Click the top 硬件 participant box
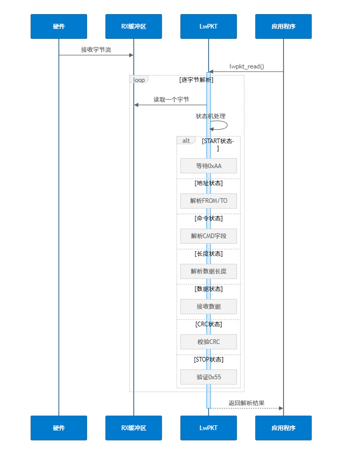[x=59, y=26]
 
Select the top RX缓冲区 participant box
[x=133, y=26]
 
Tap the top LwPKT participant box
[x=209, y=26]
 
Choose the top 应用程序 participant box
[x=283, y=26]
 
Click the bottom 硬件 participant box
[x=59, y=428]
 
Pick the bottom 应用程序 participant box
[x=283, y=428]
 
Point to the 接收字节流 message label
[x=96, y=50]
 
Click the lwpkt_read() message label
[x=246, y=66]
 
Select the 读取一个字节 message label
[x=171, y=100]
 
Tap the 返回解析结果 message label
[x=246, y=403]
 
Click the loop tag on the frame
[x=139, y=80]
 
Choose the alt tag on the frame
[x=186, y=141]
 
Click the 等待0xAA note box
[x=209, y=166]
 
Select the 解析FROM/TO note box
[x=209, y=201]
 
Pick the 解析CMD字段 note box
[x=209, y=236]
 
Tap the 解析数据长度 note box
[x=209, y=271]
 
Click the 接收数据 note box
[x=209, y=307]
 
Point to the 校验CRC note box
[x=209, y=342]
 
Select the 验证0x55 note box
[x=209, y=377]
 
